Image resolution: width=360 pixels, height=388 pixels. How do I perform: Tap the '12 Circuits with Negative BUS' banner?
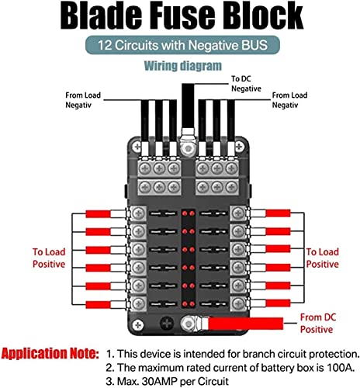pos(182,45)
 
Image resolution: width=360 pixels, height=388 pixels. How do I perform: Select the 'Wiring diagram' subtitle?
pos(183,66)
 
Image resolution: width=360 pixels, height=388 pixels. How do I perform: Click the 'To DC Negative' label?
pos(246,84)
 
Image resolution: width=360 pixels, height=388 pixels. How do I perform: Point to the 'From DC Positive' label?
pos(318,324)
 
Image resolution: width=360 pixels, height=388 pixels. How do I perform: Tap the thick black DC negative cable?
pos(188,106)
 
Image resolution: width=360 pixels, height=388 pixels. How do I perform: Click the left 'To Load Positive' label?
pos(49,258)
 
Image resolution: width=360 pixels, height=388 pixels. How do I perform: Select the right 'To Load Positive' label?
pos(323,258)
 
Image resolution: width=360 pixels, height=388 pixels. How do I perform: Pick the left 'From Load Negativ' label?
pos(83,100)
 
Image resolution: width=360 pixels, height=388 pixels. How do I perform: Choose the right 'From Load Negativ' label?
pos(289,100)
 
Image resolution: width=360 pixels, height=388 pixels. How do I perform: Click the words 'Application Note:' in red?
pos(50,353)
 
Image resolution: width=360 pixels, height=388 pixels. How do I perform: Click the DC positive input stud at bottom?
pos(188,324)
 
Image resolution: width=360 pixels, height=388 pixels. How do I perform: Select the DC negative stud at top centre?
pos(188,149)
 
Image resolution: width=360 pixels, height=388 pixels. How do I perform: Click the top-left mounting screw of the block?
pos(137,147)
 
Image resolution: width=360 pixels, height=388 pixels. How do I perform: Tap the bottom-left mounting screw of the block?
pos(138,325)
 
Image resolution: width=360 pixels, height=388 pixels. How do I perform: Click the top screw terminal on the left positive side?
pos(138,213)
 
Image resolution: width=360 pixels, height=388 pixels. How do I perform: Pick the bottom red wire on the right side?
pos(278,303)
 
